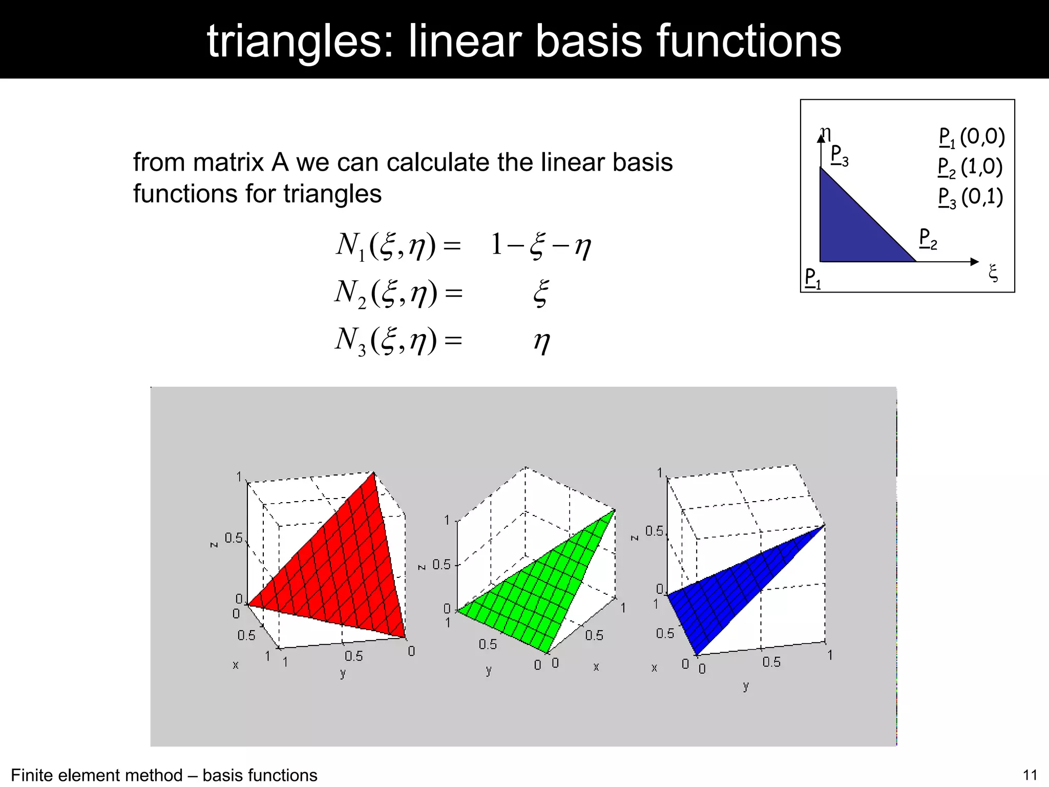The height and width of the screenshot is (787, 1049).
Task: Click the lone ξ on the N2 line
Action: point(541,293)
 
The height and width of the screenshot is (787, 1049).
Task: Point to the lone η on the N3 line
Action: point(542,341)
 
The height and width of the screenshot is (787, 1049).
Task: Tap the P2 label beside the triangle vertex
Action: point(928,239)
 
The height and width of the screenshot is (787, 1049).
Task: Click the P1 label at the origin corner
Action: point(812,278)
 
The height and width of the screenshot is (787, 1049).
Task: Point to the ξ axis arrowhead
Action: point(975,262)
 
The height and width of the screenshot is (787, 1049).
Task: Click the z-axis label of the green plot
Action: point(422,567)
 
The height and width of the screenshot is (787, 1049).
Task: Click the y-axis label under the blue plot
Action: point(746,686)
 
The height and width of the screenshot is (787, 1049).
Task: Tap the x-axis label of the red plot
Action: point(236,665)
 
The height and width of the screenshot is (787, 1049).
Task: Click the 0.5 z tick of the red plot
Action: point(234,538)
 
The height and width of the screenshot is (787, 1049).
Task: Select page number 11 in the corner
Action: point(1030,775)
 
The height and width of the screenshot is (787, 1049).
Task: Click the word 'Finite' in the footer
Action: point(32,775)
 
